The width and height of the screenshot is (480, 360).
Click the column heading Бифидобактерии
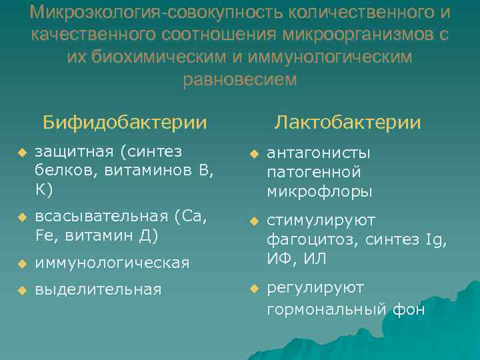click(125, 123)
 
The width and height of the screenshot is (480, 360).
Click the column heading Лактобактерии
click(348, 123)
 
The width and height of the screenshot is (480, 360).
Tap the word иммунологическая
click(112, 263)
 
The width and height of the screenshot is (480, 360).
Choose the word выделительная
click(98, 289)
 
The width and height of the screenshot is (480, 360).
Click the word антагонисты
click(319, 153)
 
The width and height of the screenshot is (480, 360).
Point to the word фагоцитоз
click(303, 239)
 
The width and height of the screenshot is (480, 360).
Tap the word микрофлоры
click(319, 192)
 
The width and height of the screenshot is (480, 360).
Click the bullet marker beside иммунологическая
click(22, 263)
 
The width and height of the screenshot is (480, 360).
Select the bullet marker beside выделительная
click(22, 290)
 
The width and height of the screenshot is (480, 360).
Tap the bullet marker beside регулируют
click(254, 289)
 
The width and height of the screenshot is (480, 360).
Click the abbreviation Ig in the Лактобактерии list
click(432, 239)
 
